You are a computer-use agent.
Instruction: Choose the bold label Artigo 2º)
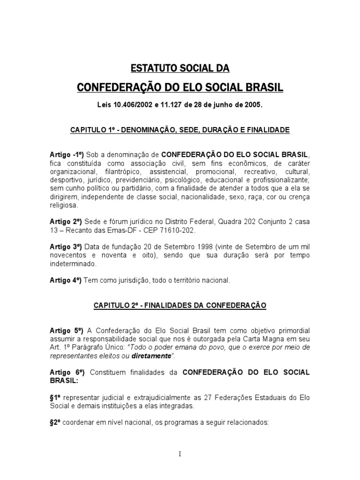(65, 221)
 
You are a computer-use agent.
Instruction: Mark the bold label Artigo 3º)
(65, 247)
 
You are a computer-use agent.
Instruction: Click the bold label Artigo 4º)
(65, 280)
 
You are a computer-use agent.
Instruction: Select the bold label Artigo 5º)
(65, 330)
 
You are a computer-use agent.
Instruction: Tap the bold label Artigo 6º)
(65, 373)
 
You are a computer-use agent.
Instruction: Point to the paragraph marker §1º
(56, 397)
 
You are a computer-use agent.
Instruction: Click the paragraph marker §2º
(56, 422)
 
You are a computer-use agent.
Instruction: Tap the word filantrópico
(123, 171)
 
